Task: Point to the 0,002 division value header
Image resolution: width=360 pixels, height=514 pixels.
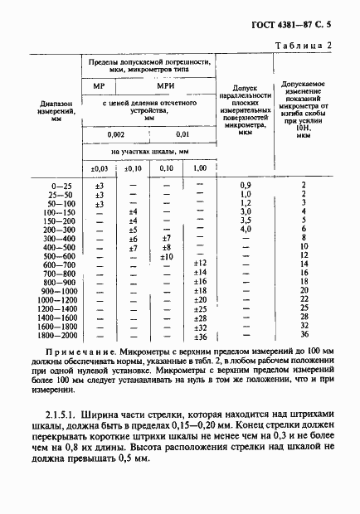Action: (115, 134)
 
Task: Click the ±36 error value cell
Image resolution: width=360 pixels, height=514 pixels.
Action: (199, 335)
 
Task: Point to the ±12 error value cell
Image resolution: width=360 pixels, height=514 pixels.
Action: (199, 264)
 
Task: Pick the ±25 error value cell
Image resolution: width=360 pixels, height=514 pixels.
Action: (199, 308)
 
